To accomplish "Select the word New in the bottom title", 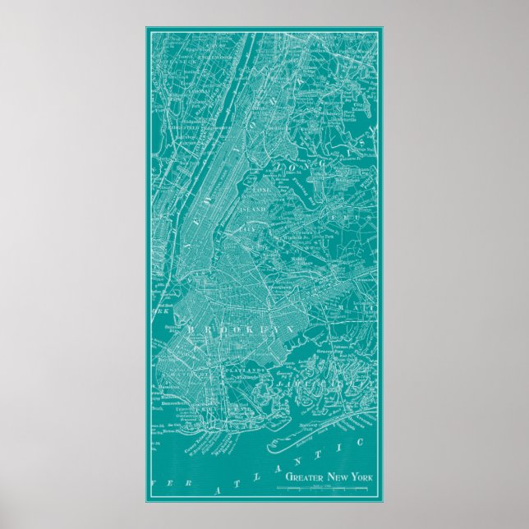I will (x=337, y=476).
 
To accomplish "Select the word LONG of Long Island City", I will (x=262, y=191).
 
